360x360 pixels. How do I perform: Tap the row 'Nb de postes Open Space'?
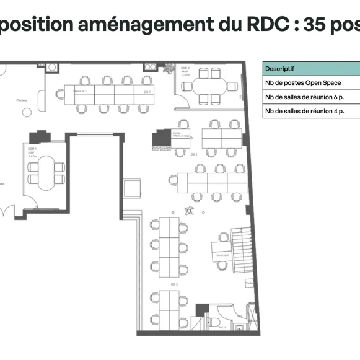(303, 82)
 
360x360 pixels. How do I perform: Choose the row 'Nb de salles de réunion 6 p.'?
(304, 97)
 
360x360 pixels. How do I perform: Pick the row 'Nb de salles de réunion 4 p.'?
(304, 111)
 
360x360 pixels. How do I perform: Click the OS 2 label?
(193, 154)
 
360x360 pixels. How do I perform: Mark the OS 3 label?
(175, 284)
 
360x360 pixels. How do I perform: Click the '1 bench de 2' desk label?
(221, 255)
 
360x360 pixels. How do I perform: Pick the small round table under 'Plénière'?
(27, 112)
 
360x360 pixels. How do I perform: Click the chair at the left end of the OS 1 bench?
(60, 94)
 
